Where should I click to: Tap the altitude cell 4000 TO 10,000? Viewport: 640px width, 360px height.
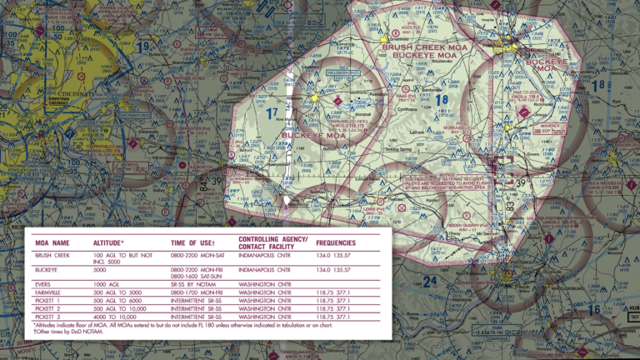coord(113,317)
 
